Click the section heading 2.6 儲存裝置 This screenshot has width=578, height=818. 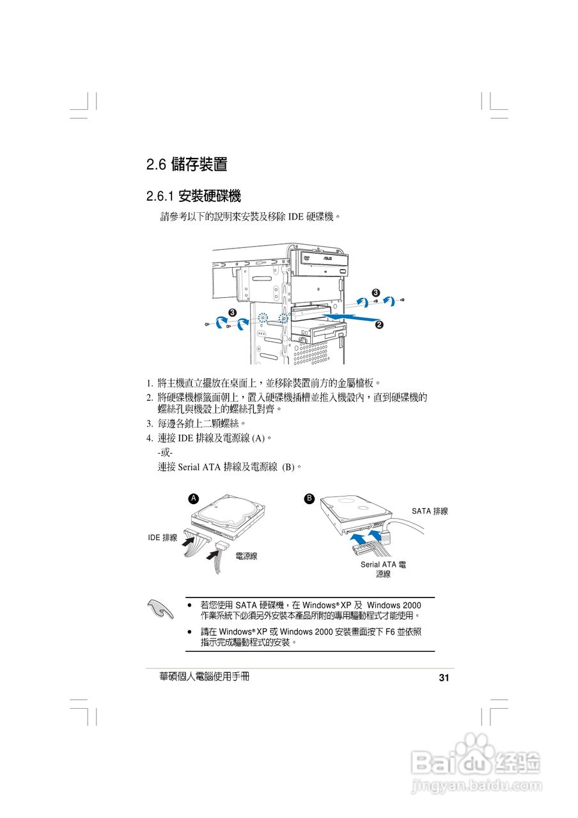click(187, 164)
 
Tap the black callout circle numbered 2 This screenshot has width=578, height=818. click(379, 325)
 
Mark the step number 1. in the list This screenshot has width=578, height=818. click(149, 383)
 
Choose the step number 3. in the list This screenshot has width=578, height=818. click(149, 423)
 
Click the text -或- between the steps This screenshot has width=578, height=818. click(165, 453)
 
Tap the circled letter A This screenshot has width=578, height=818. click(193, 498)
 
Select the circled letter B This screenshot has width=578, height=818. click(309, 498)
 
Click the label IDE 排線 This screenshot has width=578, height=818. click(162, 538)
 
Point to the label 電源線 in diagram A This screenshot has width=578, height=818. click(246, 557)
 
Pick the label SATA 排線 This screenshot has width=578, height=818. click(430, 511)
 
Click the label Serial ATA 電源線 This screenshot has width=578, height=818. click(383, 569)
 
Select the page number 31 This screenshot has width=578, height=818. click(444, 678)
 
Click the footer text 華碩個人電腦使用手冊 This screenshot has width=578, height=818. click(204, 676)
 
